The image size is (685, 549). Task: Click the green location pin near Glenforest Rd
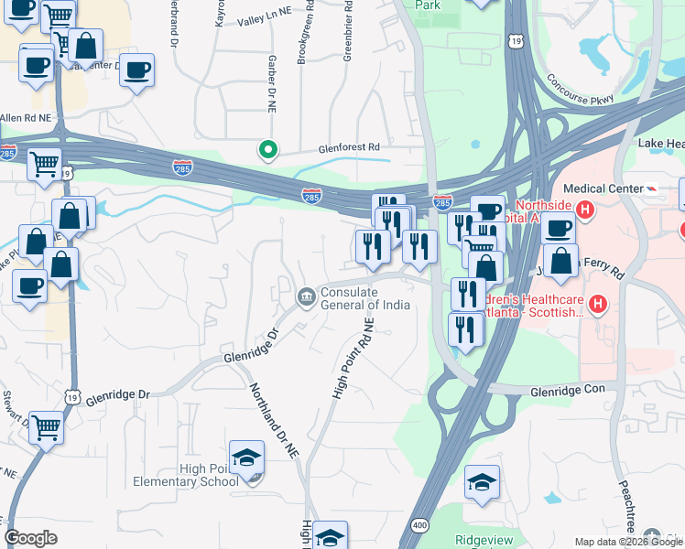267,149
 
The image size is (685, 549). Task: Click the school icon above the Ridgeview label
482,483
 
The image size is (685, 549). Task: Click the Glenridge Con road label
568,391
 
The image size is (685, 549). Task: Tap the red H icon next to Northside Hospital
586,210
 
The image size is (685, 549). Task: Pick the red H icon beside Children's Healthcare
597,303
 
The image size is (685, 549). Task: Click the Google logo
31,538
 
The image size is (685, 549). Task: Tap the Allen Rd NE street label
26,118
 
